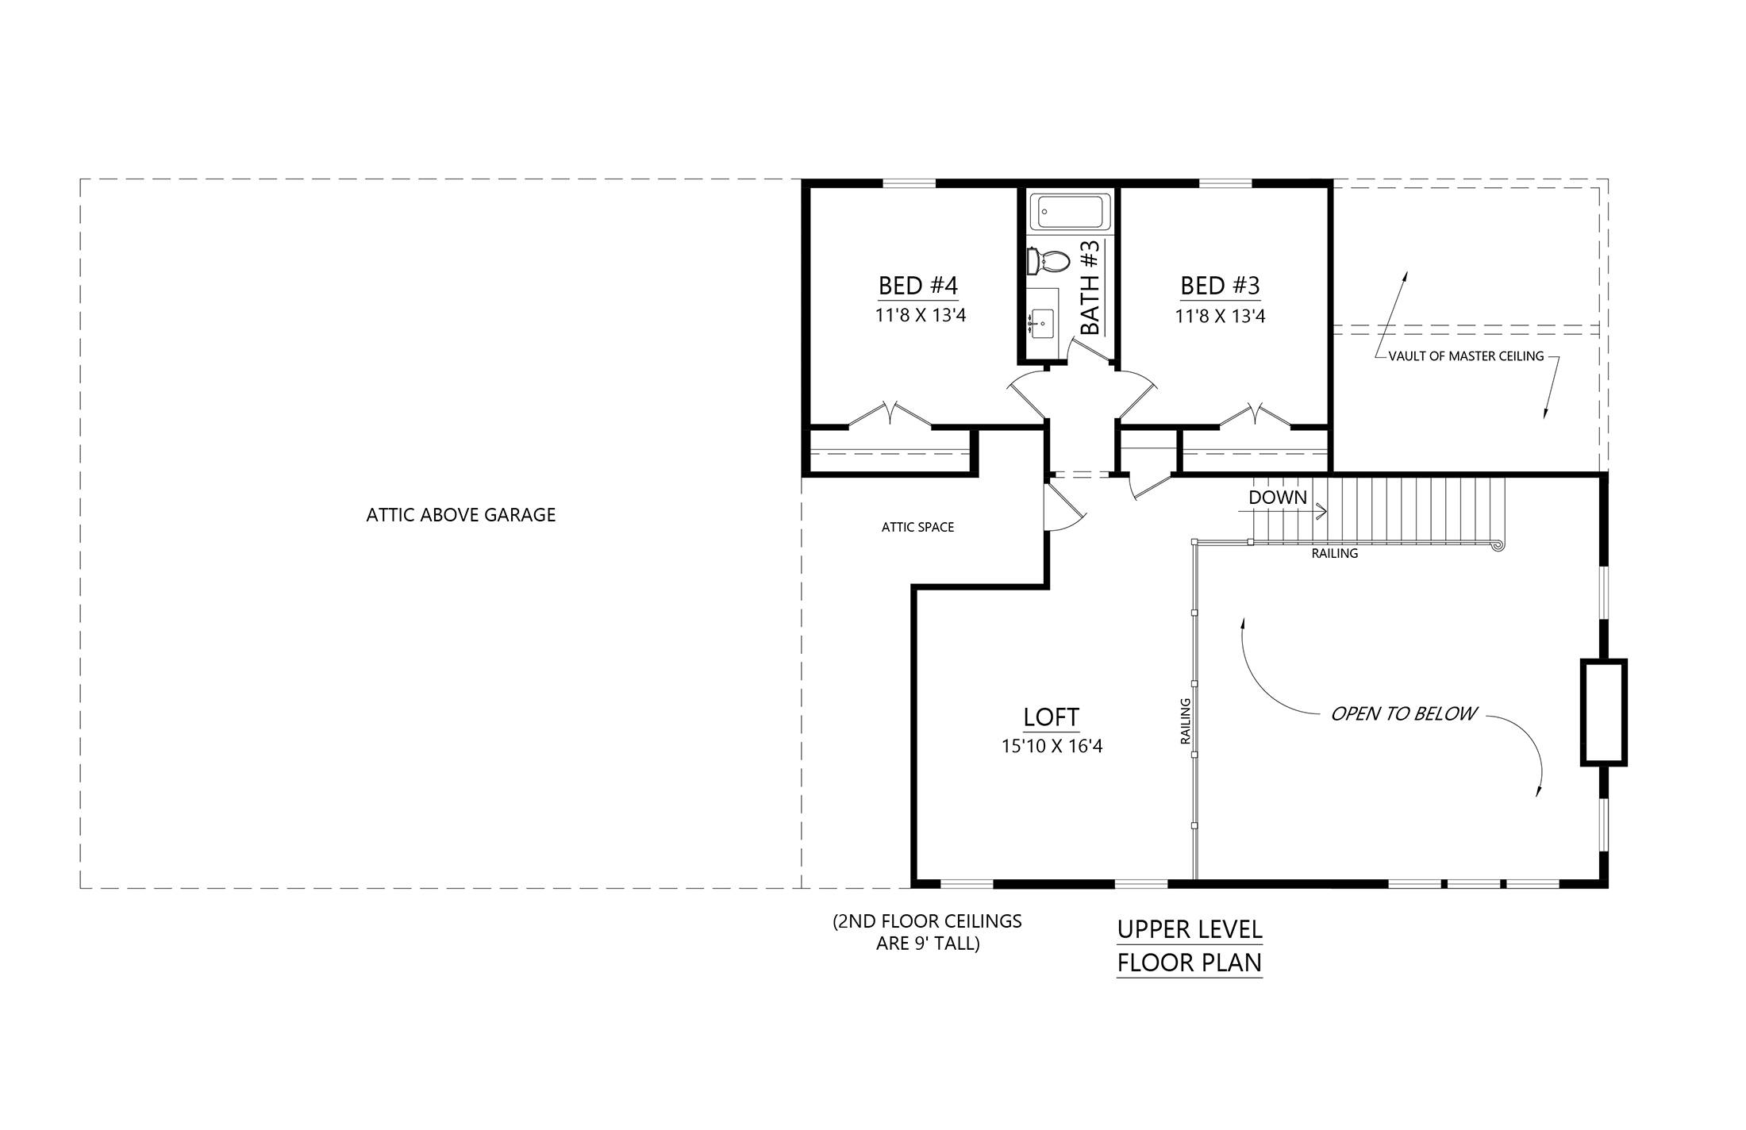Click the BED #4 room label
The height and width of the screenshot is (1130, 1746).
click(918, 286)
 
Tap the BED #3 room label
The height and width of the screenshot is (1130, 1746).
click(1220, 286)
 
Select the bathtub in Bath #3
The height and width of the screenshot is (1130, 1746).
click(1067, 212)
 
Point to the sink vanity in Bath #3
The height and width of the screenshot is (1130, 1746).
click(1042, 323)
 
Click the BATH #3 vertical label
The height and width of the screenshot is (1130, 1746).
click(1091, 288)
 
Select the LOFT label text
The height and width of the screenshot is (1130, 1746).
click(1051, 717)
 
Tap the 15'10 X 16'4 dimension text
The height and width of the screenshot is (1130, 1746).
click(1052, 747)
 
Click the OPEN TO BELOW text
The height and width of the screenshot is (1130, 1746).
click(1402, 714)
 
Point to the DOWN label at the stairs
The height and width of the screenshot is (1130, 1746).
click(1277, 498)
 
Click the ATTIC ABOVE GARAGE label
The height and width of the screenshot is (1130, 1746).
click(460, 515)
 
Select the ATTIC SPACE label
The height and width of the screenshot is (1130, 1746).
click(917, 527)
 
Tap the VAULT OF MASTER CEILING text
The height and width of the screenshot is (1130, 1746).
click(1466, 356)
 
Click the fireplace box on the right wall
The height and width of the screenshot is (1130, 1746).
click(1603, 712)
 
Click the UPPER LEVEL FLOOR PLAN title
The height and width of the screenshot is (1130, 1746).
click(1189, 946)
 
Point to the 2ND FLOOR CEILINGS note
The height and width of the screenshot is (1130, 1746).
click(927, 932)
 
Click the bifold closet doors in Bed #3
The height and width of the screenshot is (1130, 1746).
click(1255, 415)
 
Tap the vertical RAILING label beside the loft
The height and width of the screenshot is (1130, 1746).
click(1186, 721)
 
